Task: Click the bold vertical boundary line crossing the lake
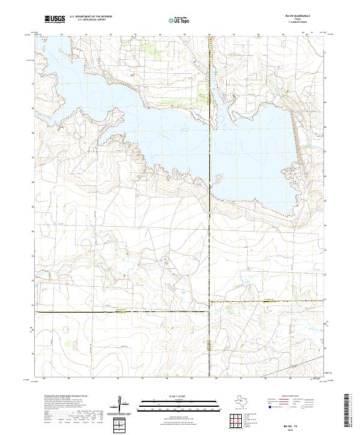(209, 120)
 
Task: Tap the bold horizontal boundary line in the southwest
(120, 311)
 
